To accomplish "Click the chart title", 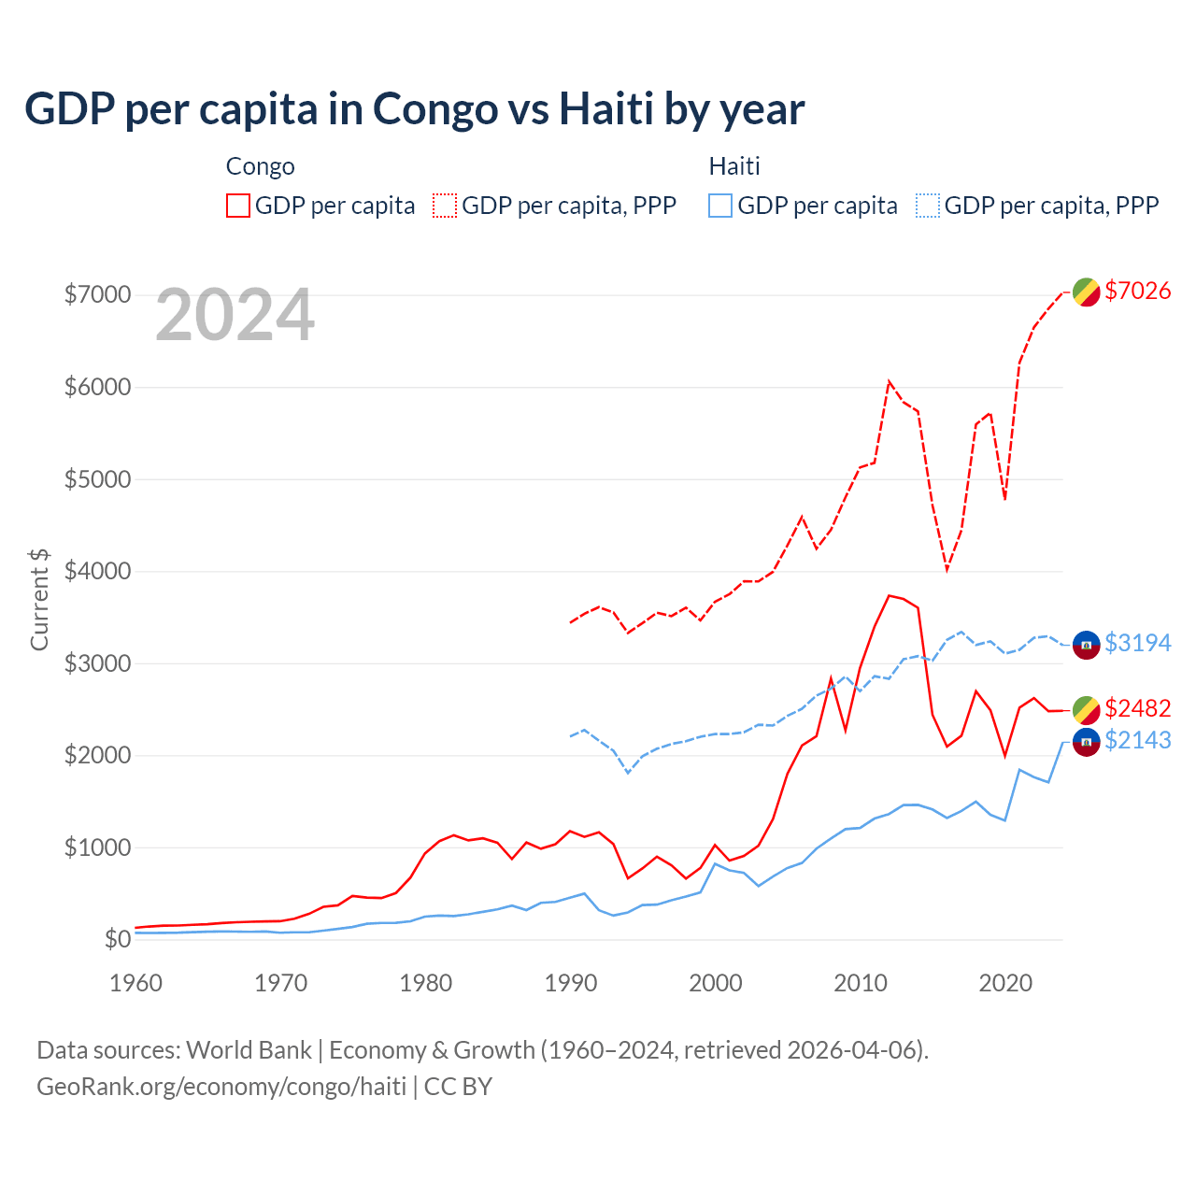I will click(414, 109).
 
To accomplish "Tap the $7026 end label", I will click(1137, 291).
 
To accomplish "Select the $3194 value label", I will click(1137, 643).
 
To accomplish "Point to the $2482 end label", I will click(1137, 708).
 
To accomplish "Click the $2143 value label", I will click(1137, 740).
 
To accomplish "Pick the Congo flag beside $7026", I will click(1086, 292).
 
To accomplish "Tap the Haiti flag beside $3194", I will click(1086, 644).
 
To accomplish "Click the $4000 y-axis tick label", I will click(97, 571).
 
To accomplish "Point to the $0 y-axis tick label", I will click(117, 939).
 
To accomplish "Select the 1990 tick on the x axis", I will click(571, 983).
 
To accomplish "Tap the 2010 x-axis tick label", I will click(861, 983).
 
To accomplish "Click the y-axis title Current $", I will click(39, 599).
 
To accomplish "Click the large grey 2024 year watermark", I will click(235, 315).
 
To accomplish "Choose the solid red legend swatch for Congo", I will click(238, 206).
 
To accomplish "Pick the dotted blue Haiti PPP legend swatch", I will click(928, 206).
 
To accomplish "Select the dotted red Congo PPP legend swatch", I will click(445, 206).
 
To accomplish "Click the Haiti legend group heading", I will click(734, 166).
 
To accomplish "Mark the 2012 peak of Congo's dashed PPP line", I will click(890, 381).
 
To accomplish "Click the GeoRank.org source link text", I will click(221, 1087).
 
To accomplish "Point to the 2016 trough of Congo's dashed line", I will click(947, 569).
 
